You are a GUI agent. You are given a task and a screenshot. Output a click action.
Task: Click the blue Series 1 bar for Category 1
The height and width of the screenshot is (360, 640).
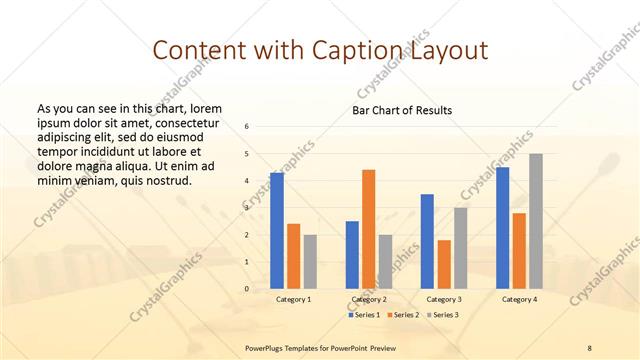point(277,230)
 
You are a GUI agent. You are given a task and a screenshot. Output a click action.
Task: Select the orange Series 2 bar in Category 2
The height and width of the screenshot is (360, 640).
point(368,229)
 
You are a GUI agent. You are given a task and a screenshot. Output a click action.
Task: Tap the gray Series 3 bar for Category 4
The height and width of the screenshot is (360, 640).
point(536,221)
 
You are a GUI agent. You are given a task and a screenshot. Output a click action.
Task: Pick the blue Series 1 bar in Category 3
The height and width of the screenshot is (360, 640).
point(427,241)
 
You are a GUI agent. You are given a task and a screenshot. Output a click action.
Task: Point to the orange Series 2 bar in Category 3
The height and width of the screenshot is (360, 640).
point(444,264)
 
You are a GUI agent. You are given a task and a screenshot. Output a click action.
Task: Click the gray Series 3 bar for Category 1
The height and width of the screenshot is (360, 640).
point(310,261)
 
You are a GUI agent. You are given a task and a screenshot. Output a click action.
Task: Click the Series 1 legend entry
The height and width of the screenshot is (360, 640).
point(364,315)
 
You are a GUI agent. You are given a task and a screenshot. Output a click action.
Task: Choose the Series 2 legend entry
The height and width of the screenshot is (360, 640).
point(402,315)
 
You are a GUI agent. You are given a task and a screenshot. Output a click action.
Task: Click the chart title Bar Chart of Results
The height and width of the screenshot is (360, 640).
point(402,110)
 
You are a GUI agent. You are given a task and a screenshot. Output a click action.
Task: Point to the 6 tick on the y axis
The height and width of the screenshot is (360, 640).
point(247,127)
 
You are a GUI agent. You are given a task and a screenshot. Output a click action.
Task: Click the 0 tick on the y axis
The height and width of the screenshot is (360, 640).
point(247,289)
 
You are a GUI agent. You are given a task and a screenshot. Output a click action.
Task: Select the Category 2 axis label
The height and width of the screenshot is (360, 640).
point(368,299)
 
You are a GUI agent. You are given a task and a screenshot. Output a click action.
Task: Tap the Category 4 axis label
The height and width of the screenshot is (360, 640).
point(519,299)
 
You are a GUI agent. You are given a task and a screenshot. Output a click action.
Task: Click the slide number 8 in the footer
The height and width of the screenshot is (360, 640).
point(590,347)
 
